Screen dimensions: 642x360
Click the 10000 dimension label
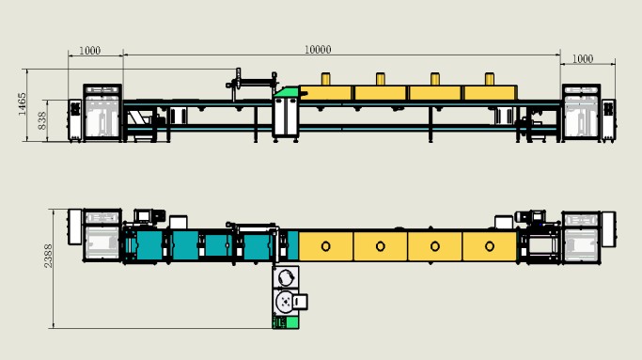pyautogui.click(x=318, y=50)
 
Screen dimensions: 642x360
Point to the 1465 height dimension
pyautogui.click(x=23, y=104)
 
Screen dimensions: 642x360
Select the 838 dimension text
pyautogui.click(x=42, y=120)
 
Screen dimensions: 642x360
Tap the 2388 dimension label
pyautogui.click(x=48, y=256)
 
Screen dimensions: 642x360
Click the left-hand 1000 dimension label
pyautogui.click(x=89, y=51)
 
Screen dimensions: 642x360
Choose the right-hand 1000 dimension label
pyautogui.click(x=582, y=59)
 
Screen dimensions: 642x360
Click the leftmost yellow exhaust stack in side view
pyautogui.click(x=325, y=79)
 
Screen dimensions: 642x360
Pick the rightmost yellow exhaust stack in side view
pyautogui.click(x=490, y=79)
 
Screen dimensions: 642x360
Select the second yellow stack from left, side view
pyautogui.click(x=381, y=79)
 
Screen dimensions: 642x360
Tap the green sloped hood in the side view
pyautogui.click(x=287, y=92)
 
